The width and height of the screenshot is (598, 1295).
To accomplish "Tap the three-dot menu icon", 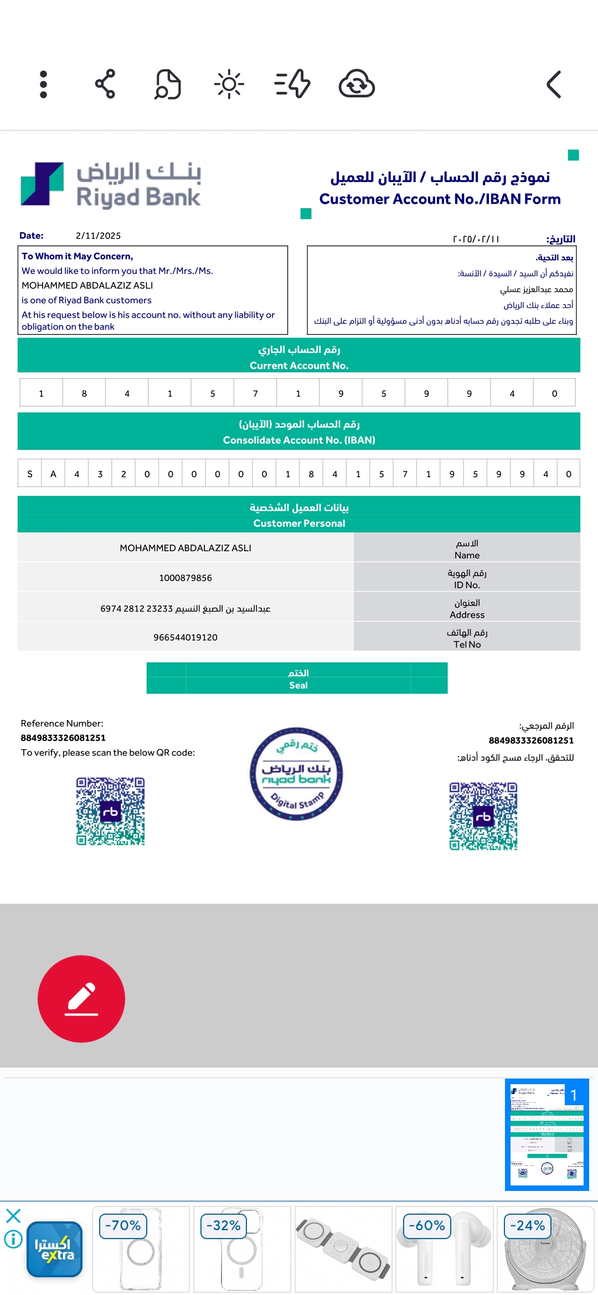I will (44, 85).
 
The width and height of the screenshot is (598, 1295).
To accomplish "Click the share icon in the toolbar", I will (105, 84).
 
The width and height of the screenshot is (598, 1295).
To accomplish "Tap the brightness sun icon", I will (229, 85).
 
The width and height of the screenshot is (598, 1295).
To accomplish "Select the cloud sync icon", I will (357, 84).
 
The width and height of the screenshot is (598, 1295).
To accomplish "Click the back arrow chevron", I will (554, 85).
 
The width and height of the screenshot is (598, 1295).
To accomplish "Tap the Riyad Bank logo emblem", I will (42, 184).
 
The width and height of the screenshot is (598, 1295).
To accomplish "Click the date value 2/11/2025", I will (98, 236).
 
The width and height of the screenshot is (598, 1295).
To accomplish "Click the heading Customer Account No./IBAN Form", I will (440, 199).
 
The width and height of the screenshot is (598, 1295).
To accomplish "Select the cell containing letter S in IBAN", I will (30, 474).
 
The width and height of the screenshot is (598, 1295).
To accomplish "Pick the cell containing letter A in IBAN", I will (53, 474).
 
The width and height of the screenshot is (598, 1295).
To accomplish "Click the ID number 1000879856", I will (185, 578).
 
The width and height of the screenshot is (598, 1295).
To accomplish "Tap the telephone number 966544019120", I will (185, 638).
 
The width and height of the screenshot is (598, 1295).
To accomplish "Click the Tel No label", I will (467, 644).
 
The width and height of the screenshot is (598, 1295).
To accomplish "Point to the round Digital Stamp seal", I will (296, 774).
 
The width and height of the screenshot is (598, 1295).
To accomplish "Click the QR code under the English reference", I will (111, 811).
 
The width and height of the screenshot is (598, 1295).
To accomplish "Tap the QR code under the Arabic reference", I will (483, 816).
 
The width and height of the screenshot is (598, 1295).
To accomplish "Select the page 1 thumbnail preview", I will (547, 1135).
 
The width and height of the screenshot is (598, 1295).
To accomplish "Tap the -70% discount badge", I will (123, 1225).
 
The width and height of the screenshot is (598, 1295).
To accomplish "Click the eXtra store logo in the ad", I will (54, 1249).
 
